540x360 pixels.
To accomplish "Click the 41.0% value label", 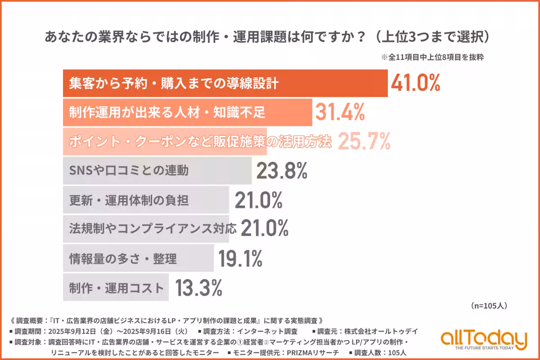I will coord(414,83).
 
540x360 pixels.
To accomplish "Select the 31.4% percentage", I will coord(340,112).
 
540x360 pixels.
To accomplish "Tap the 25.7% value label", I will coord(364,142).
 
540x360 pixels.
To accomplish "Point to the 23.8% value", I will coord(282,171).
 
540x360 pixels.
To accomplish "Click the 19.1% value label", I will coord(240,258).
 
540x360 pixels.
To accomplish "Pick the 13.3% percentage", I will coord(198,288).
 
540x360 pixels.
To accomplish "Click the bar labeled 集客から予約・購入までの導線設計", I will coord(225,84).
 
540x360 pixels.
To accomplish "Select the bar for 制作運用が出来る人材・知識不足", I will coord(187,112).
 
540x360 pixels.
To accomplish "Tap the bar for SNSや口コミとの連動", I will coord(157,171).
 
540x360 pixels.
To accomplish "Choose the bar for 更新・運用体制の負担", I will coord(146,200).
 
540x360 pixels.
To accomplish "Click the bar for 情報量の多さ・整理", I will coord(138,258).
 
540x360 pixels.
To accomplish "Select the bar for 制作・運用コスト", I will coord(116,288).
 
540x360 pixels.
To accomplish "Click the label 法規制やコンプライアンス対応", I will coord(153,229).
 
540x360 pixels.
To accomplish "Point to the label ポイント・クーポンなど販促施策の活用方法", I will coord(200,142).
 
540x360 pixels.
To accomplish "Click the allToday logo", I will coord(483,340).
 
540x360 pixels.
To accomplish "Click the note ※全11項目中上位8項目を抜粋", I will coord(432,58).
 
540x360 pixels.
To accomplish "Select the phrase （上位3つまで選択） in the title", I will coord(432,37).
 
